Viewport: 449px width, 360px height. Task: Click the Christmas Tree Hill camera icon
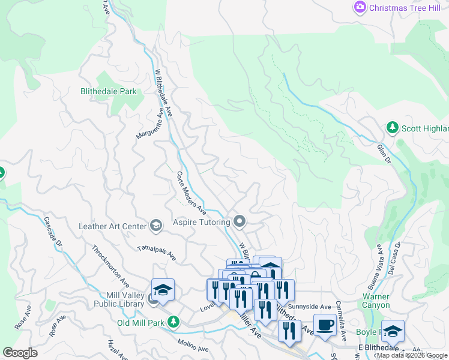pyautogui.click(x=360, y=7)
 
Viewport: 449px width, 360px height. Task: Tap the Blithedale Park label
pyautogui.click(x=109, y=92)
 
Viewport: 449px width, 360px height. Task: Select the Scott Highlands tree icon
pyautogui.click(x=392, y=128)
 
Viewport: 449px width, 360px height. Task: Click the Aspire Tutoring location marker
pyautogui.click(x=240, y=222)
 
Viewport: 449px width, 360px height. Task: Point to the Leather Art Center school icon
pyautogui.click(x=156, y=226)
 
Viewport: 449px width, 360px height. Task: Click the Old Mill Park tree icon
pyautogui.click(x=173, y=322)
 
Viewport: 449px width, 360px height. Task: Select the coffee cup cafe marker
pyautogui.click(x=325, y=325)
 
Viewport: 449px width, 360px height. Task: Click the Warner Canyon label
pyautogui.click(x=376, y=301)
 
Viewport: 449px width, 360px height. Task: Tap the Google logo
pyautogui.click(x=20, y=352)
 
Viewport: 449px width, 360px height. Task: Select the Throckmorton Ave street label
pyautogui.click(x=111, y=265)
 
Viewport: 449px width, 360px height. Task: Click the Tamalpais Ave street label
pyautogui.click(x=156, y=253)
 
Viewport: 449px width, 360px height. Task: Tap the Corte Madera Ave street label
pyautogui.click(x=191, y=193)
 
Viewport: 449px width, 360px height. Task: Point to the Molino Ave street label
pyautogui.click(x=193, y=345)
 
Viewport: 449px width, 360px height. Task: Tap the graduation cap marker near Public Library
pyautogui.click(x=163, y=290)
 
